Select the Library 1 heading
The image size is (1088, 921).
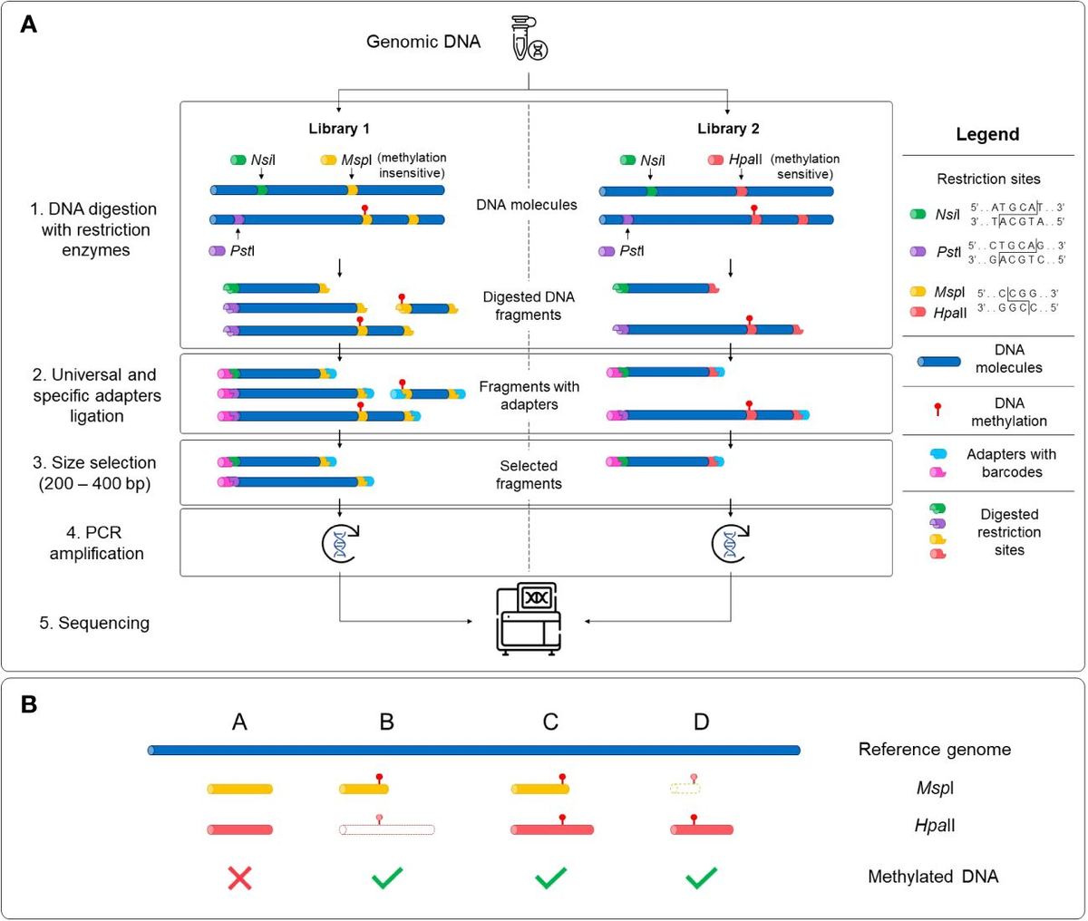coord(339,129)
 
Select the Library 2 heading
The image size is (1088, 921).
coord(728,129)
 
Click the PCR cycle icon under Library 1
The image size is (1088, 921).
coord(339,543)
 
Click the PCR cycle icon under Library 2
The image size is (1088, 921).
coord(731,543)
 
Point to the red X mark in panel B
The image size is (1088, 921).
coord(239,877)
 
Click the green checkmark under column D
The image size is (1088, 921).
coord(702,877)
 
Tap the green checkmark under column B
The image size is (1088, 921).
coord(387,877)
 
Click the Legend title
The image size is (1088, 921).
coord(987,134)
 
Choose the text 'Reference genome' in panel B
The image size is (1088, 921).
coord(934,750)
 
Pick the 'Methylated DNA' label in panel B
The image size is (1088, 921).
coord(933,877)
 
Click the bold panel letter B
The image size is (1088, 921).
coord(29,704)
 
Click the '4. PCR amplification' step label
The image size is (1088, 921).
coord(96,543)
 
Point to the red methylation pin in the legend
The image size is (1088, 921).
coord(937,411)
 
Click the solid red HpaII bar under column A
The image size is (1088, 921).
coord(240,829)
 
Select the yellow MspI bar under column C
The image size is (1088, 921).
coord(540,789)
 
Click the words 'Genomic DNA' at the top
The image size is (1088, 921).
coord(423,42)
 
